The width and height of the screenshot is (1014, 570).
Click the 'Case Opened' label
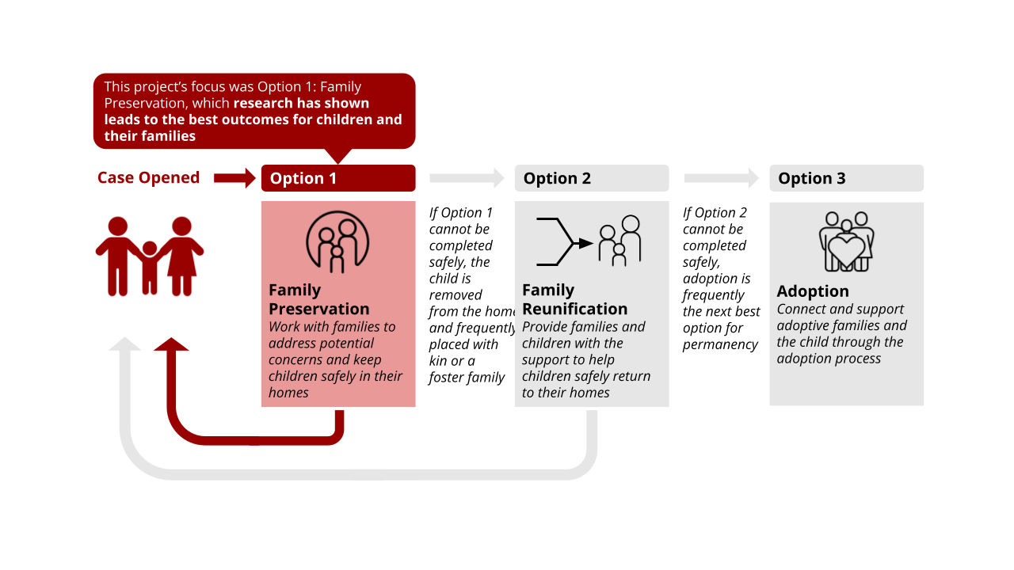point(148,178)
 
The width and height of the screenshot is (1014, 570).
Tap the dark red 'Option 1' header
point(338,178)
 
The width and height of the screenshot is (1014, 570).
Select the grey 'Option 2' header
point(591,178)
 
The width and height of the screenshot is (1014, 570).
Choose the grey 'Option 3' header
point(846,178)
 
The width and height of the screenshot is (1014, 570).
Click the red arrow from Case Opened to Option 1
point(234,178)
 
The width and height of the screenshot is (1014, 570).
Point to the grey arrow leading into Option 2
point(467,178)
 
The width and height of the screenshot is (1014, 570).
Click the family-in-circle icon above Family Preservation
point(337,241)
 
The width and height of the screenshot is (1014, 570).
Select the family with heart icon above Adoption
point(846,241)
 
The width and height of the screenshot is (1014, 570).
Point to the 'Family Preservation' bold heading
point(318,299)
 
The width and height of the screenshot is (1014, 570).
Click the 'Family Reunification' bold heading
point(574,299)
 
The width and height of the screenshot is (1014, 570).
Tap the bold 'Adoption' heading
point(812,291)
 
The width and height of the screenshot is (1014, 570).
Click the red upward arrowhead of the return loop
point(171,344)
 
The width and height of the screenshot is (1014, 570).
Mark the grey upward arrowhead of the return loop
point(124,344)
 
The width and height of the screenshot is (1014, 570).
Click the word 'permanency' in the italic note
point(720,344)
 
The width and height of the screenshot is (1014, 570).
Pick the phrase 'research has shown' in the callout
point(301,103)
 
